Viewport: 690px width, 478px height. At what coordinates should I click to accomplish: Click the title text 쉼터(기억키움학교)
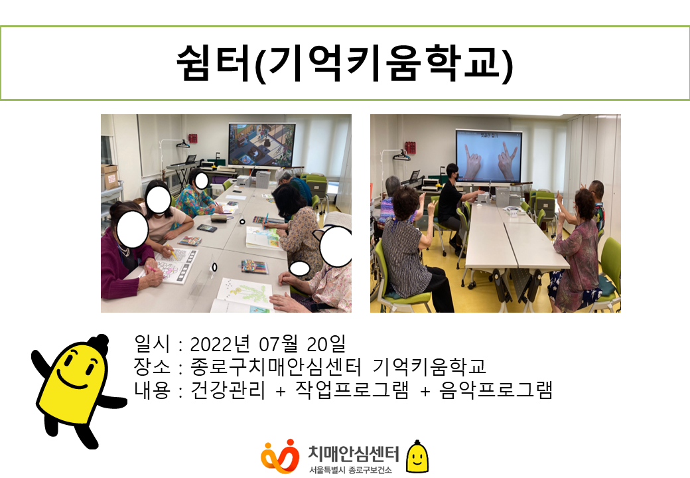(x=344, y=64)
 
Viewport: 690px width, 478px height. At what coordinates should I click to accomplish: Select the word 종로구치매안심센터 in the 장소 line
(x=276, y=366)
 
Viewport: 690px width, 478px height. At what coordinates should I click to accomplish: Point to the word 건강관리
(x=228, y=390)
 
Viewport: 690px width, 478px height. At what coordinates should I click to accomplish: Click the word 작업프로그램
(x=352, y=390)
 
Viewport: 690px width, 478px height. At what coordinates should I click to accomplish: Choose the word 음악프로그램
(x=496, y=390)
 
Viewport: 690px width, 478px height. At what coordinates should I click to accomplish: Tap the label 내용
(x=152, y=390)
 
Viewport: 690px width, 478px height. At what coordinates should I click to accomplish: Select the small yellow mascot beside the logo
(x=417, y=457)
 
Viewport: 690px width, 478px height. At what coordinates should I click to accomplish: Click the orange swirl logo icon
(x=280, y=457)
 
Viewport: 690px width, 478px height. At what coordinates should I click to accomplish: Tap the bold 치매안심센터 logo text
(x=354, y=453)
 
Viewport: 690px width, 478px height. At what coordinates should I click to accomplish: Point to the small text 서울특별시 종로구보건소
(x=350, y=470)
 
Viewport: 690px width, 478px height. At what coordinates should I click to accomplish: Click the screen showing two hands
(x=488, y=156)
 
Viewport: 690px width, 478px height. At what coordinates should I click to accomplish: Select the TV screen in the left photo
(x=262, y=144)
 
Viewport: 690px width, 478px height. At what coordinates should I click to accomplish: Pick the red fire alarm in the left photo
(x=193, y=138)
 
